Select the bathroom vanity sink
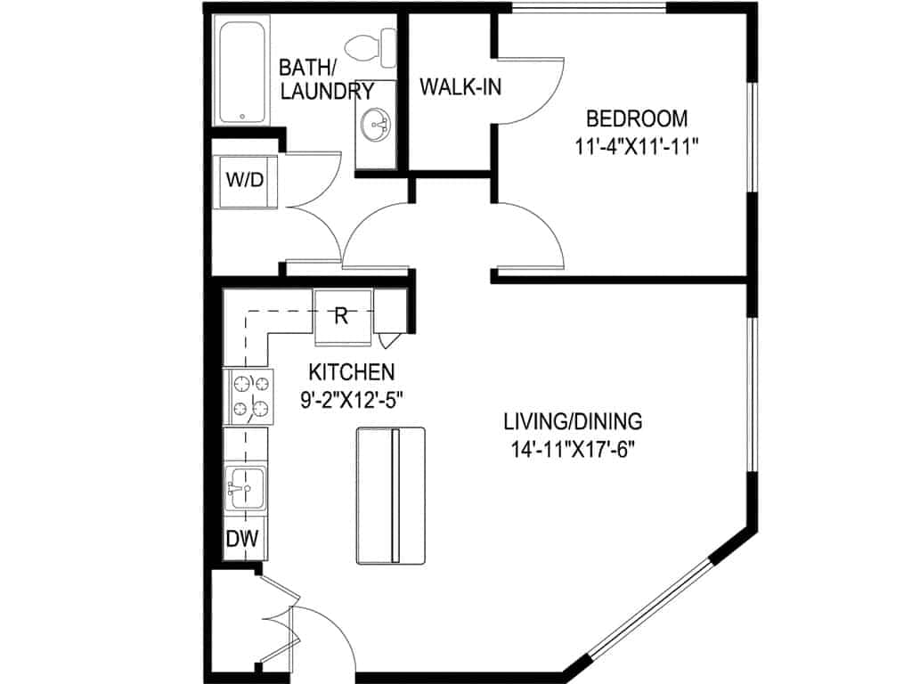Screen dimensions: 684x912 pos(375,126)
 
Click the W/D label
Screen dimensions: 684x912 pos(244,180)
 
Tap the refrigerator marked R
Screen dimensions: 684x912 pos(342,315)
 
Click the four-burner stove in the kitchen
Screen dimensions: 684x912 pos(250,397)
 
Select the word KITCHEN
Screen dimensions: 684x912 pos(351,371)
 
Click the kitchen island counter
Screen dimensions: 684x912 pos(391,495)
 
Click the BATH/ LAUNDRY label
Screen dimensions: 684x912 pos(326,79)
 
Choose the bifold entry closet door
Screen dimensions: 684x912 pos(276,623)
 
